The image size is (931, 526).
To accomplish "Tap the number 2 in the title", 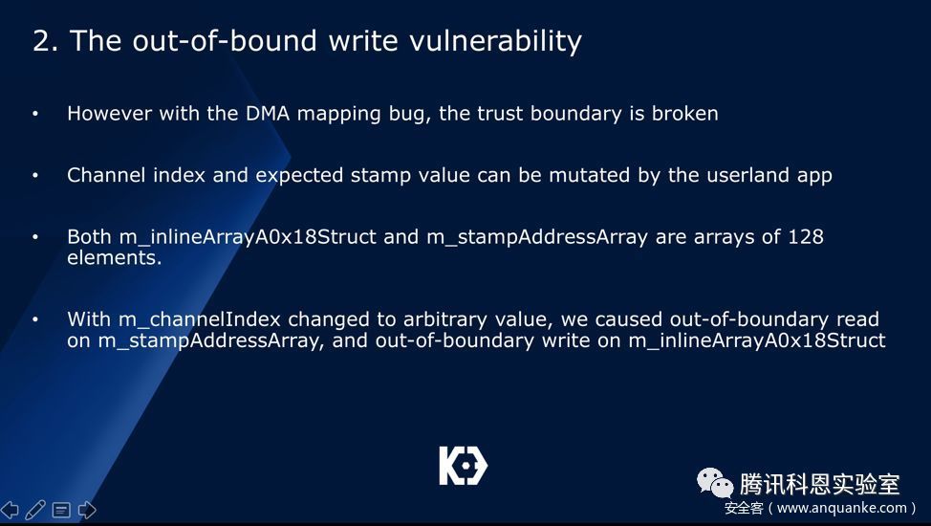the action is point(42,42).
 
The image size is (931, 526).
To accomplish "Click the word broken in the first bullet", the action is point(684,113).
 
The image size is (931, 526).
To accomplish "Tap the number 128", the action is point(806,236).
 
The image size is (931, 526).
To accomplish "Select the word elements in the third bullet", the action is point(114,257).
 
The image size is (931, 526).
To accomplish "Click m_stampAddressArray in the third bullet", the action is point(537,237).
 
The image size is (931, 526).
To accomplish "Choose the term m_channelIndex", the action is point(200,319).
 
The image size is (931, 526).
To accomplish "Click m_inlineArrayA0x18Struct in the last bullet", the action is point(757,340).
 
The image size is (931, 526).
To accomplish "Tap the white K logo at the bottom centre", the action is point(464,466).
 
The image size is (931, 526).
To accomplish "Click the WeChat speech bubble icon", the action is point(715,483).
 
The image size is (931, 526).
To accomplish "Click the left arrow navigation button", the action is point(10,510).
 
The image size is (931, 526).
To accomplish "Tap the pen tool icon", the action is point(35,510).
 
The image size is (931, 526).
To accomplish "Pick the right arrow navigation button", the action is point(87,510).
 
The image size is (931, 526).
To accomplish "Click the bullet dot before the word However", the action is point(35,113).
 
